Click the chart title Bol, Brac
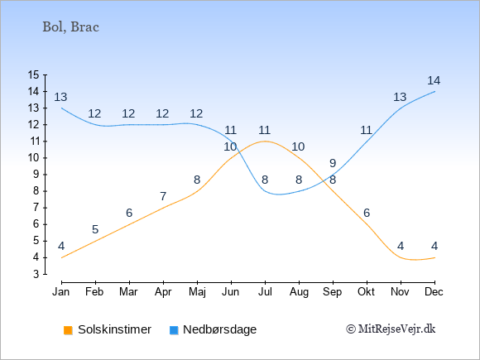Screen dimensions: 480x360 click(70, 27)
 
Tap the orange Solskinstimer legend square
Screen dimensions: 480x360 click(68, 330)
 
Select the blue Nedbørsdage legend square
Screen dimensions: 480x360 click(174, 330)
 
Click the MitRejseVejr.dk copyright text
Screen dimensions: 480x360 click(391, 329)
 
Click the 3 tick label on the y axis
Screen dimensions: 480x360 click(36, 274)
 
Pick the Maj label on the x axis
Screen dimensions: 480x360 click(197, 292)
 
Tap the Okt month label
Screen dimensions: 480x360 click(367, 292)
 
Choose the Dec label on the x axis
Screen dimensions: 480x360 click(434, 292)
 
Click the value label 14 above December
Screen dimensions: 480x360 click(434, 80)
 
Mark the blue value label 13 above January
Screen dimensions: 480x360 click(60, 97)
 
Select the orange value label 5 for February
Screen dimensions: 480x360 click(95, 229)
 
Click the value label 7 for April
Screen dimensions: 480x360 click(163, 196)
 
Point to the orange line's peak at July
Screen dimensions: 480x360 click(265, 142)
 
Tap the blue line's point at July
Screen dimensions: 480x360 click(265, 191)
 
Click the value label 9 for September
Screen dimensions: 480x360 click(333, 163)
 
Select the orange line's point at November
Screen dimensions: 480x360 click(401, 257)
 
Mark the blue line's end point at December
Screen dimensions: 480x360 click(434, 91)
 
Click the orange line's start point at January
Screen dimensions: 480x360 click(62, 257)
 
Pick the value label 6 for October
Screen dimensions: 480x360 click(367, 213)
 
